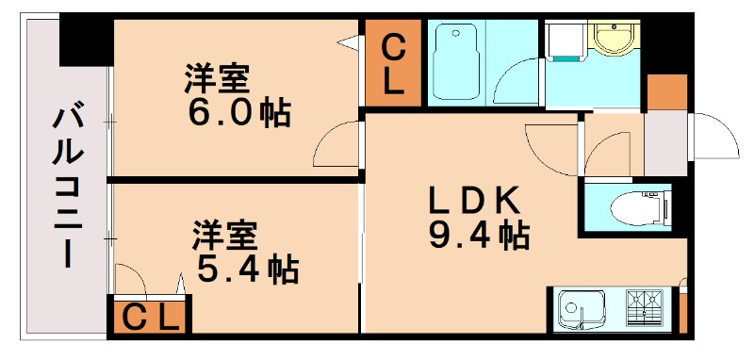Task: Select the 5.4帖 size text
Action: [247, 270]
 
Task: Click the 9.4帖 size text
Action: [478, 236]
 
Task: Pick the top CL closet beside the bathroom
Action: [393, 63]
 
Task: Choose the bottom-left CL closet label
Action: [151, 318]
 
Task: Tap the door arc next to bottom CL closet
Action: [131, 278]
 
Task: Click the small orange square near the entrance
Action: [668, 91]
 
